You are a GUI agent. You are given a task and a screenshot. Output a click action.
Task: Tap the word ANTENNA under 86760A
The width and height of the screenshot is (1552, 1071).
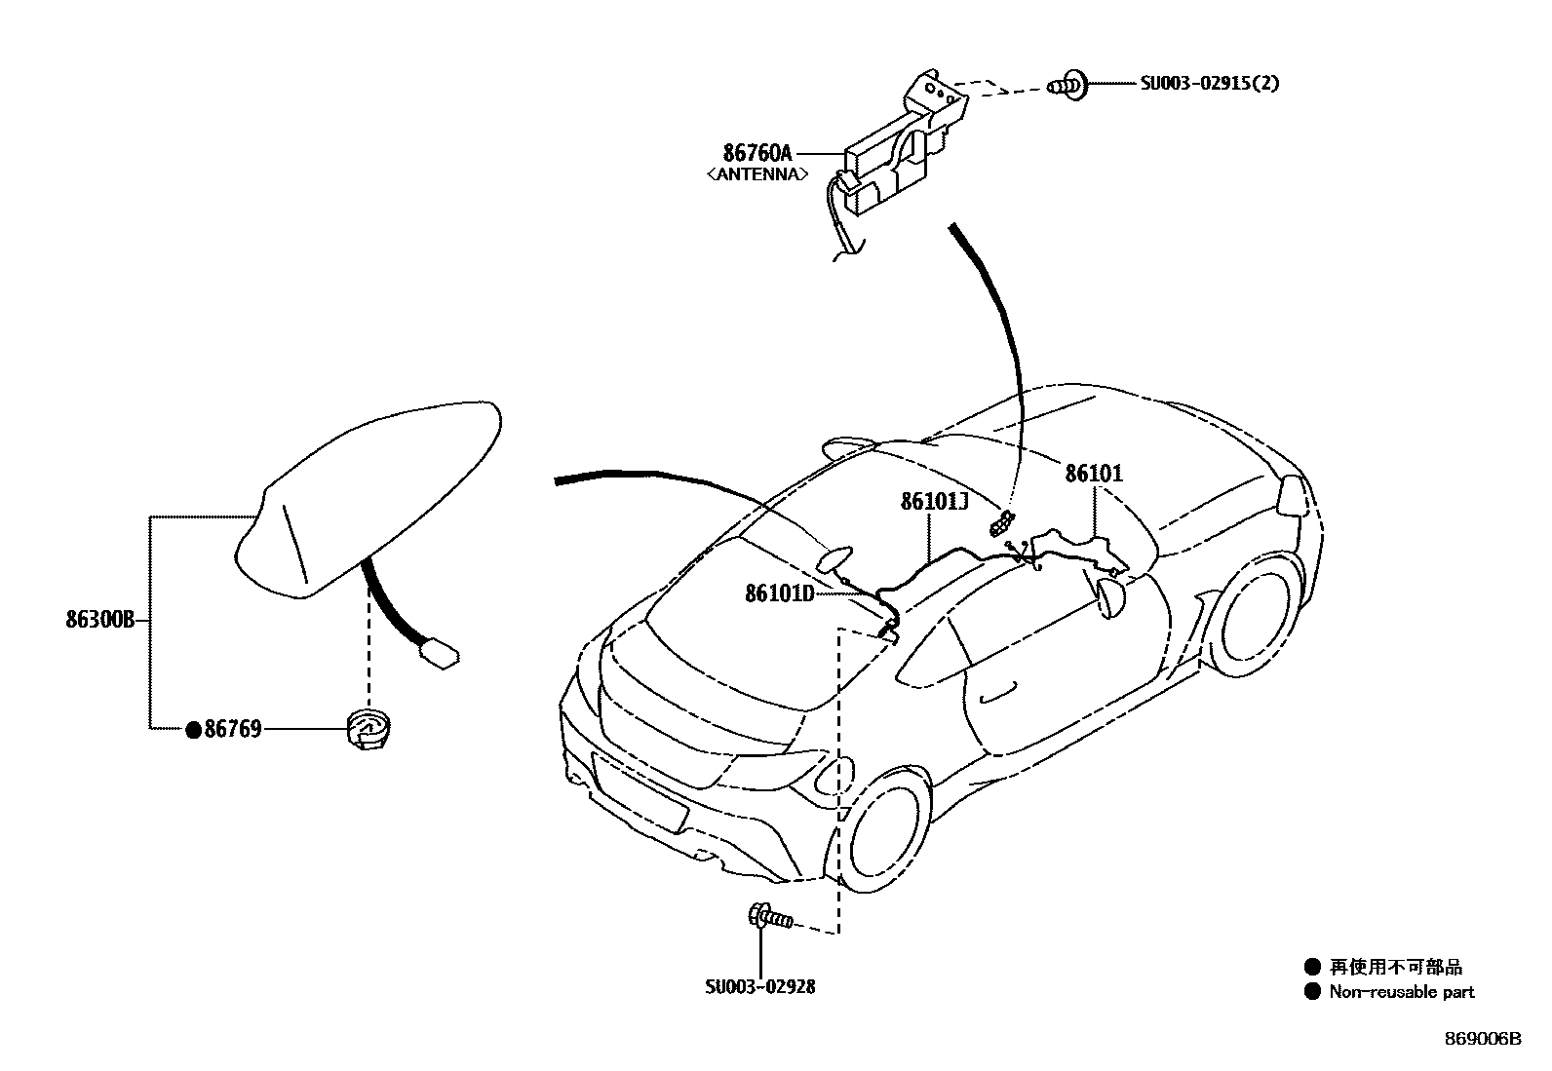tap(757, 174)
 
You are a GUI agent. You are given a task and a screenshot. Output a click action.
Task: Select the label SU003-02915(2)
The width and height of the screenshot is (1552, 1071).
tap(1210, 84)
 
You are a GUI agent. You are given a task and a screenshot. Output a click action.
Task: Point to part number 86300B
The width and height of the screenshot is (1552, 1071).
tap(99, 619)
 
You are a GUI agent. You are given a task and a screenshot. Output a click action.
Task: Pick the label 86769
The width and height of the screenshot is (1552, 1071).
tap(232, 728)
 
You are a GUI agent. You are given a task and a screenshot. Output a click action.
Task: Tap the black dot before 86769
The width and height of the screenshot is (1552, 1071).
tap(193, 729)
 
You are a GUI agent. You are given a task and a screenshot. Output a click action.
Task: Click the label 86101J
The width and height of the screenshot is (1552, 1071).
tap(933, 501)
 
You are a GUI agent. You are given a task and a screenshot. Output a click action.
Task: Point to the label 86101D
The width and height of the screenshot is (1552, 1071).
tap(779, 593)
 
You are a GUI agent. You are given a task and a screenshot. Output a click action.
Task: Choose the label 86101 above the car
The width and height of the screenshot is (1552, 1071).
tap(1094, 474)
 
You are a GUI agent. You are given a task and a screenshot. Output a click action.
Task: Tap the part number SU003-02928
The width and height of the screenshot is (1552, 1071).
tap(760, 986)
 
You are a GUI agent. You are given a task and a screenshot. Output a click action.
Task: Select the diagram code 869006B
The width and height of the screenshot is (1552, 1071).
tap(1483, 1039)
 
